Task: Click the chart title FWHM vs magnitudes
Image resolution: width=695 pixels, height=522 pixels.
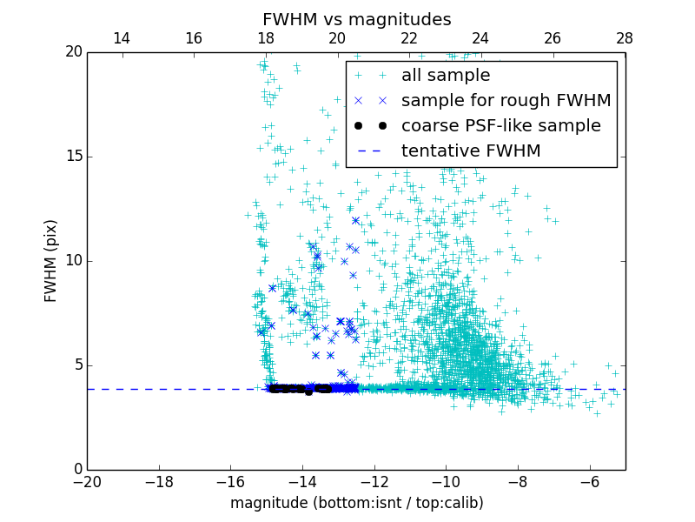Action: [x=356, y=19]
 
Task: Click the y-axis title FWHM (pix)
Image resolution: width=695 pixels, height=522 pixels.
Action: [x=51, y=260]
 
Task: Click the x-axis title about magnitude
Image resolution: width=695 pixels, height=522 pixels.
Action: [x=356, y=503]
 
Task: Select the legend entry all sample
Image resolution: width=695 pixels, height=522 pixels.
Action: [x=446, y=76]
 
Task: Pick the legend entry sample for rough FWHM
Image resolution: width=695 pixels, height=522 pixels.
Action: [x=506, y=101]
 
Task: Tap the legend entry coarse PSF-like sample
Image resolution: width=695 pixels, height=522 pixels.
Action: [x=500, y=126]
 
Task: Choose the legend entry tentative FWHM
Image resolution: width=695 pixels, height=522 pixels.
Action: [x=471, y=151]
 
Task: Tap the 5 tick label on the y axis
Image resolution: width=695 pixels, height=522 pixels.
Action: [x=76, y=365]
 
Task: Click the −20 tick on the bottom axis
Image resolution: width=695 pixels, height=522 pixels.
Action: [x=87, y=481]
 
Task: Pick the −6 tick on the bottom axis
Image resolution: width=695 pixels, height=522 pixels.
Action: [x=590, y=481]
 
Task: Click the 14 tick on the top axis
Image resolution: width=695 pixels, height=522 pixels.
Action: [x=122, y=39]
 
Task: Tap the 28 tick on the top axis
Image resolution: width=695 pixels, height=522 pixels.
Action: [x=625, y=39]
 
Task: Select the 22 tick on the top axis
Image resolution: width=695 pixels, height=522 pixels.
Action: [x=409, y=39]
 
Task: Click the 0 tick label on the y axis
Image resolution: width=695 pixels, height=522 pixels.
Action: [x=76, y=470]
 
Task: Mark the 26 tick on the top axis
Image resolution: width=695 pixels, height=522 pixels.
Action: [x=553, y=39]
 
